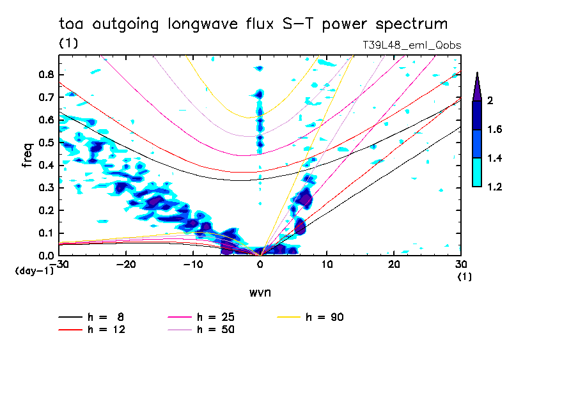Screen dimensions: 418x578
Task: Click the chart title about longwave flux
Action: coord(253,24)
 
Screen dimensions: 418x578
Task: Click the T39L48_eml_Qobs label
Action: coord(411,45)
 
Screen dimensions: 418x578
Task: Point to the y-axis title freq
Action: coord(27,155)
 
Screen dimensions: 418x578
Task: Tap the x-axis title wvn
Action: coord(260,293)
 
